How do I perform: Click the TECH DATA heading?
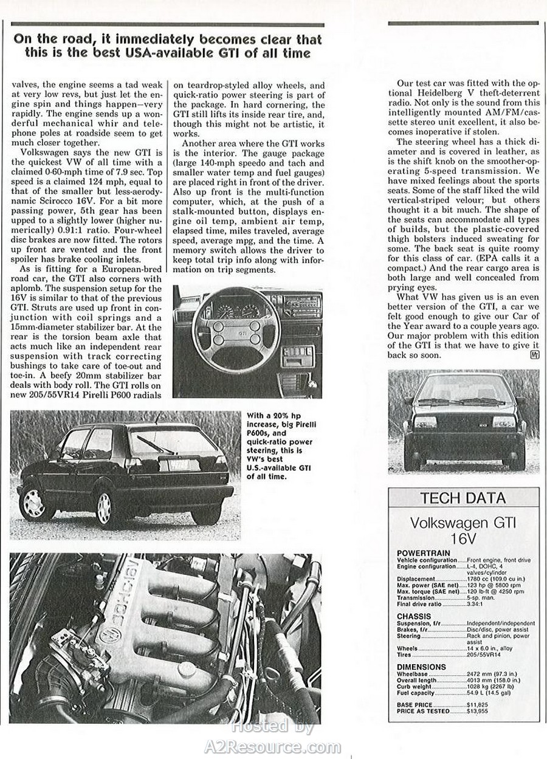463,498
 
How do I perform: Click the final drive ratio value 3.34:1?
478,604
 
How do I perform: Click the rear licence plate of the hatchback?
174,465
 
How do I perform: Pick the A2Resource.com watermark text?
273,746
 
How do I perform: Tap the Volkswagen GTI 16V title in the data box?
463,530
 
